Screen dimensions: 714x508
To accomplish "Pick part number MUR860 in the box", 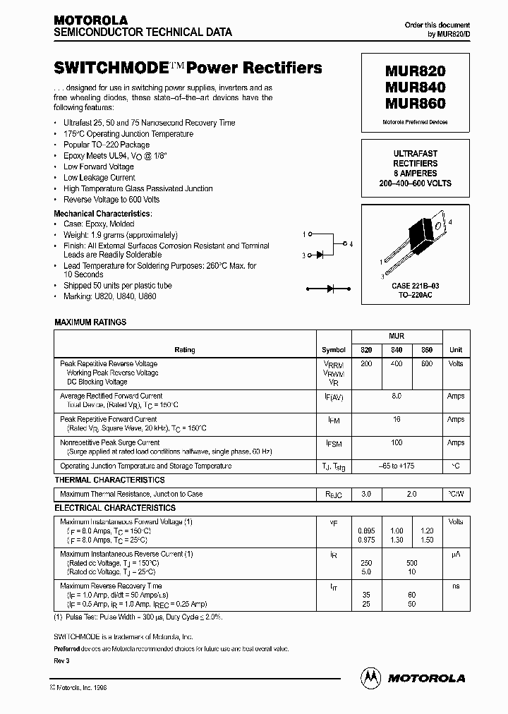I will tap(415, 104).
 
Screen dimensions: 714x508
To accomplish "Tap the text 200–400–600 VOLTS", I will tap(415, 183).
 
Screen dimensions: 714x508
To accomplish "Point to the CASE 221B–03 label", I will tap(415, 287).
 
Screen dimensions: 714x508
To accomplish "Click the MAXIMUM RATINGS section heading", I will tap(90, 322).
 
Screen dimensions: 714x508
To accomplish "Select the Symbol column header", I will tap(334, 350).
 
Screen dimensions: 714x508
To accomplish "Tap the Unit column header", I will tap(456, 350).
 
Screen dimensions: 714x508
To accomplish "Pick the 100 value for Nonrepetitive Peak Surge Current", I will tap(396, 443).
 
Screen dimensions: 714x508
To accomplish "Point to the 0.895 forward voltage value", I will tap(365, 531).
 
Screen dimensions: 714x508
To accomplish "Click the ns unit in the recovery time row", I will tap(456, 586).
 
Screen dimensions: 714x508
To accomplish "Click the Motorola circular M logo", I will tap(370, 677).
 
